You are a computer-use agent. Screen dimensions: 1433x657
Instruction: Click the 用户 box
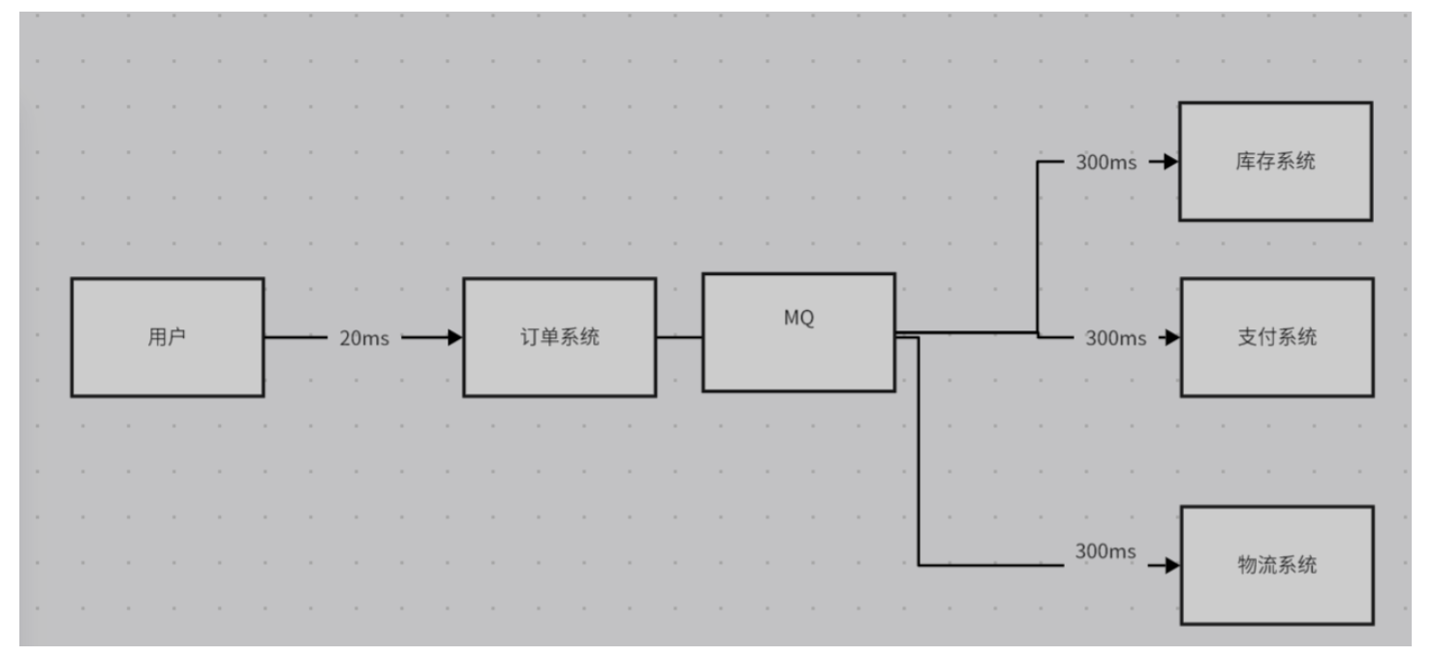coord(167,337)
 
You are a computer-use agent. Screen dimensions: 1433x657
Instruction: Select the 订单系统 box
coord(559,337)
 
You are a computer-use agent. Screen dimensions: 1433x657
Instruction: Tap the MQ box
coord(798,332)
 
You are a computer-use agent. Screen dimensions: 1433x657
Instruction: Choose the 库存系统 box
coord(1275,162)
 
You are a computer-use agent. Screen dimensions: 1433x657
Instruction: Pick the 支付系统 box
coord(1277,337)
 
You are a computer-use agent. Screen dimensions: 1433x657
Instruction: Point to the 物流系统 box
coord(1277,565)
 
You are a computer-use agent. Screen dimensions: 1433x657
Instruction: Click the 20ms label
coord(364,338)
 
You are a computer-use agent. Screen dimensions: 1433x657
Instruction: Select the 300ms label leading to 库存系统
coord(1106,162)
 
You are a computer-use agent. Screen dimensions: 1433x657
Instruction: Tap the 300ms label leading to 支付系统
coord(1115,338)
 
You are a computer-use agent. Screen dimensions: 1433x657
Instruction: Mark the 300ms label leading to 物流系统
coord(1105,551)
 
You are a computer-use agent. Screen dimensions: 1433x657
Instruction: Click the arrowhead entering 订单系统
coord(454,337)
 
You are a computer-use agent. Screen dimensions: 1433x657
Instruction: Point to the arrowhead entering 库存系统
coord(1170,162)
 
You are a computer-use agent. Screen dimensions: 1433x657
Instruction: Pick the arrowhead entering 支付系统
coord(1172,337)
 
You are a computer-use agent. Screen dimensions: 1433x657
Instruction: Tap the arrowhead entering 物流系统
coord(1172,565)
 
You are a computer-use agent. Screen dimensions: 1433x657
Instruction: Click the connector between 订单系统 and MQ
coord(679,337)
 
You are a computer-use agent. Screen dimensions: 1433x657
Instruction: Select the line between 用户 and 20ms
coord(296,337)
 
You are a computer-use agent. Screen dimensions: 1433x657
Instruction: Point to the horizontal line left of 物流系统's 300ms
coord(988,565)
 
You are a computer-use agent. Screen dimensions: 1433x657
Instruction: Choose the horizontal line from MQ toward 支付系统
coord(969,332)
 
